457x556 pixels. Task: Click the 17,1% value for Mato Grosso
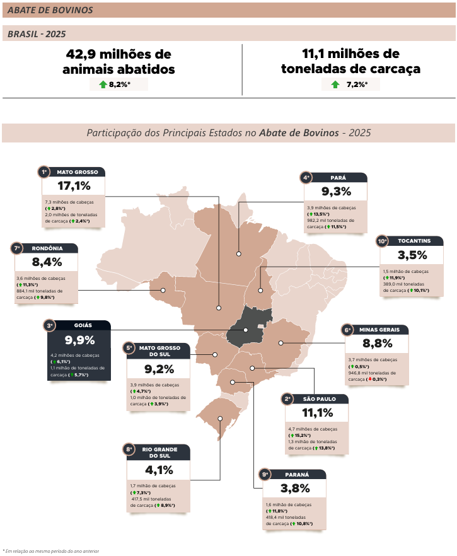pyautogui.click(x=74, y=186)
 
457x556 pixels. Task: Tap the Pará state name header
pyautogui.click(x=338, y=178)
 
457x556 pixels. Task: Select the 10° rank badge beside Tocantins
pyautogui.click(x=382, y=241)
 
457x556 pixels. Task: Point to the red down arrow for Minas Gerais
pyautogui.click(x=370, y=379)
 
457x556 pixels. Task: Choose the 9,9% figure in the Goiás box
pyautogui.click(x=80, y=340)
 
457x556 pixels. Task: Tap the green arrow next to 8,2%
pyautogui.click(x=103, y=84)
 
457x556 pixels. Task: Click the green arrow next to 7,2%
pyautogui.click(x=335, y=84)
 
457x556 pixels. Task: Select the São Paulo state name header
pyautogui.click(x=320, y=399)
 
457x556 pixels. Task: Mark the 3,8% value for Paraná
pyautogui.click(x=296, y=489)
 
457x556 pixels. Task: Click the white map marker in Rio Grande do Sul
pyautogui.click(x=220, y=419)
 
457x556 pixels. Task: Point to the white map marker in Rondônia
pyautogui.click(x=163, y=290)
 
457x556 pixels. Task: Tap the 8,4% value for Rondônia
pyautogui.click(x=47, y=262)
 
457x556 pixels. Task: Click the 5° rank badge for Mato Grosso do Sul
pyautogui.click(x=129, y=348)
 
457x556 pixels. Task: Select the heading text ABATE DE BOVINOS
pyautogui.click(x=50, y=10)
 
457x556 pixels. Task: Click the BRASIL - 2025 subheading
pyautogui.click(x=37, y=34)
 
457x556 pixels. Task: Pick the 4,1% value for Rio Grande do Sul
pyautogui.click(x=159, y=470)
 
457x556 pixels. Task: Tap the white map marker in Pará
pyautogui.click(x=239, y=254)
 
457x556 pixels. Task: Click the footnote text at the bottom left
pyautogui.click(x=50, y=551)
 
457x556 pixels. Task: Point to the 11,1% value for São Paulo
pyautogui.click(x=318, y=413)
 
